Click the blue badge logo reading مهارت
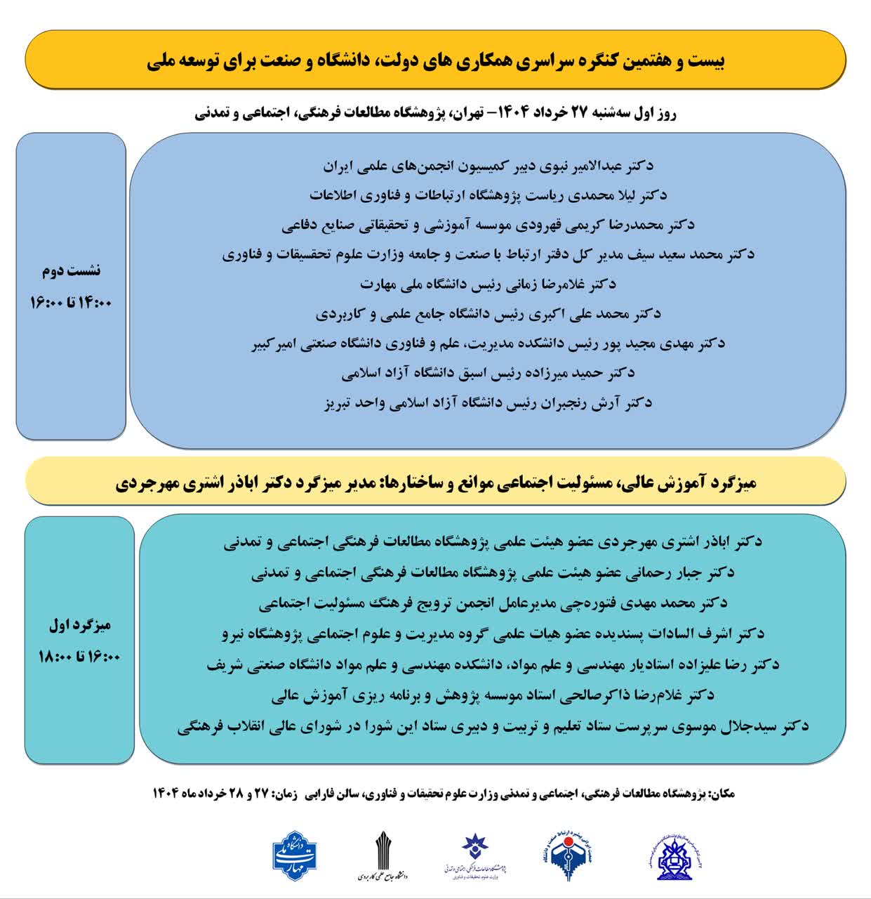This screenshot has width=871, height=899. [295, 855]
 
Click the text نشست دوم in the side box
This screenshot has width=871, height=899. [71, 270]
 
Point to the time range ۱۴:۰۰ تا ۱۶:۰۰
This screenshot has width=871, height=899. [71, 303]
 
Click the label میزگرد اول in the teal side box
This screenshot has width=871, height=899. [79, 624]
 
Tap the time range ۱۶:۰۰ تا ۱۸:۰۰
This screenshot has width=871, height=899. [79, 657]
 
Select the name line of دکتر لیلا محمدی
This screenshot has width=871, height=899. [488, 195]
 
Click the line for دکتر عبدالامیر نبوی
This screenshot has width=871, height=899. [488, 166]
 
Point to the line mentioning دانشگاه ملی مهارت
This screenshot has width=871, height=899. [488, 284]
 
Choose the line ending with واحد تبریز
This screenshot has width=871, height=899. [488, 403]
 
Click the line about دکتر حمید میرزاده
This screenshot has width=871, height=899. [488, 373]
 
